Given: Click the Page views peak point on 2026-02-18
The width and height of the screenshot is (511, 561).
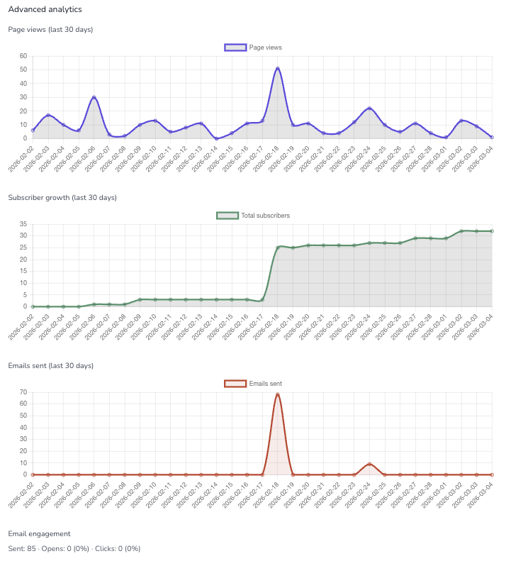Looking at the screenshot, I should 278,69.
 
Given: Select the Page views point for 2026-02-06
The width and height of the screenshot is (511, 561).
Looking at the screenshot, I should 94,97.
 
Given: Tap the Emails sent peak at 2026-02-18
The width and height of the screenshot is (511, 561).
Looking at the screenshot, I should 278,394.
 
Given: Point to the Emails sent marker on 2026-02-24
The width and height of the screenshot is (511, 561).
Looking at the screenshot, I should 369,464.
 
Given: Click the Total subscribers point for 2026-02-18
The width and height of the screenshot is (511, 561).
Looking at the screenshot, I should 278,248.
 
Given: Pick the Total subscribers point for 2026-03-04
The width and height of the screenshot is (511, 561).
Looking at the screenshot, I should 492,231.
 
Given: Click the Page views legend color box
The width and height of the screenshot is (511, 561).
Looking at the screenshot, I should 235,48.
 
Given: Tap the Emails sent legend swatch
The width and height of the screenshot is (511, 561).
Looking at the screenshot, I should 235,384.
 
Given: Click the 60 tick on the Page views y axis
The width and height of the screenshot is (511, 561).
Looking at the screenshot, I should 23,56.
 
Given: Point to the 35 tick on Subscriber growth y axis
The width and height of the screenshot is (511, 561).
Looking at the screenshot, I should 23,224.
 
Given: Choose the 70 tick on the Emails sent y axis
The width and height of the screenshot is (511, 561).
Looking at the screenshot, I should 23,392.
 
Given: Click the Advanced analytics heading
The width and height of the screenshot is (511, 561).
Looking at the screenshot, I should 45,10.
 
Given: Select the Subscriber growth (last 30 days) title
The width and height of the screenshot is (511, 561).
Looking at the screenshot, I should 62,197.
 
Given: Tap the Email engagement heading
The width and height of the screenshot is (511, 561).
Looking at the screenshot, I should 39,533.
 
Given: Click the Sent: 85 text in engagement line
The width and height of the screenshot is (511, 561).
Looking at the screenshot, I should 21,548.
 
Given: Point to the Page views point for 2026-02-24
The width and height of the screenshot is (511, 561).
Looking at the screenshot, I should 369,109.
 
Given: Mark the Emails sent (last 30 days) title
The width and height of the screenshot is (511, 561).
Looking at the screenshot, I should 50,365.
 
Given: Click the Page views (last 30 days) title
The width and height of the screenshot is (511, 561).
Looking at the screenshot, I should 50,29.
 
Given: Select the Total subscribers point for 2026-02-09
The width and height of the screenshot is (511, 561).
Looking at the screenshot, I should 140,299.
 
